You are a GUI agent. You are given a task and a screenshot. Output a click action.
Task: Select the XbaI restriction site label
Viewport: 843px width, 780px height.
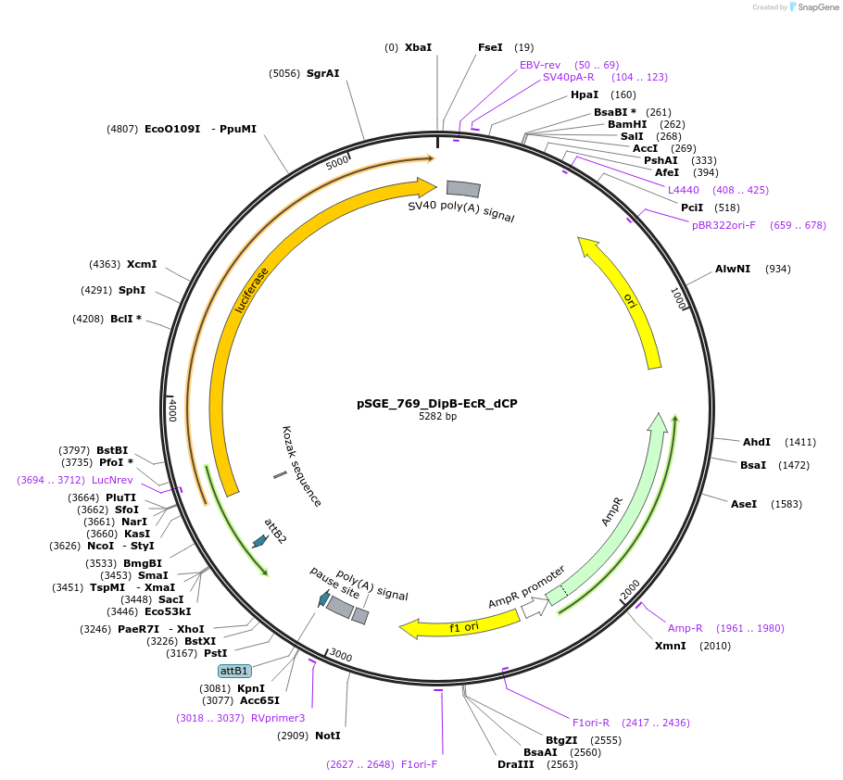point(418,47)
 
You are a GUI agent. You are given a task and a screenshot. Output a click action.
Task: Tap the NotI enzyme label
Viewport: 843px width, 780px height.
point(327,736)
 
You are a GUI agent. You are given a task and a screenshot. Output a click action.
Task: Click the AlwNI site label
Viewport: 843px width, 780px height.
point(733,269)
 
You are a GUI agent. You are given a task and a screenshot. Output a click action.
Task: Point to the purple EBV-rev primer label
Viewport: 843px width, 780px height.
point(539,65)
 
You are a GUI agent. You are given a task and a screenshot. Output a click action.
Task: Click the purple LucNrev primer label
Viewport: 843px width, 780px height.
point(112,480)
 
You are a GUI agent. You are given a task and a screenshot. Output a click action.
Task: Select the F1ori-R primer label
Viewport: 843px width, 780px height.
point(591,723)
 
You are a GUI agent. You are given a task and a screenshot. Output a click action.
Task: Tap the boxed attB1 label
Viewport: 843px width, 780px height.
point(234,671)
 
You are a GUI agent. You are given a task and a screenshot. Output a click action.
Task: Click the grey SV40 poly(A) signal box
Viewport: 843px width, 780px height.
point(463,189)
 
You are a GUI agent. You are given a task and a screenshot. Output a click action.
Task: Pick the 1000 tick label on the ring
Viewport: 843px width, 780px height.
point(678,298)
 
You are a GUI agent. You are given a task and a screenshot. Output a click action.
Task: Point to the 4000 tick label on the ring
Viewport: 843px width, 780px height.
point(171,409)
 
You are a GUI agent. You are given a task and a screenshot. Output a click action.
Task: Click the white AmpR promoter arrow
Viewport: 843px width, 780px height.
point(534,608)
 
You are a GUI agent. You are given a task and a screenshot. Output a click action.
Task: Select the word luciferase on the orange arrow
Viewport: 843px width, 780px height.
point(252,290)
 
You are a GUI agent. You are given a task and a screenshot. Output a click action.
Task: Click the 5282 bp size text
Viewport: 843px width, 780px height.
point(437,417)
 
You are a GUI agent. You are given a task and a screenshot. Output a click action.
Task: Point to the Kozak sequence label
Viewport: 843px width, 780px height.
point(302,466)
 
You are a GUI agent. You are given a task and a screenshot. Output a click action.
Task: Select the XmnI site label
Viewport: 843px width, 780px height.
point(671,646)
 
